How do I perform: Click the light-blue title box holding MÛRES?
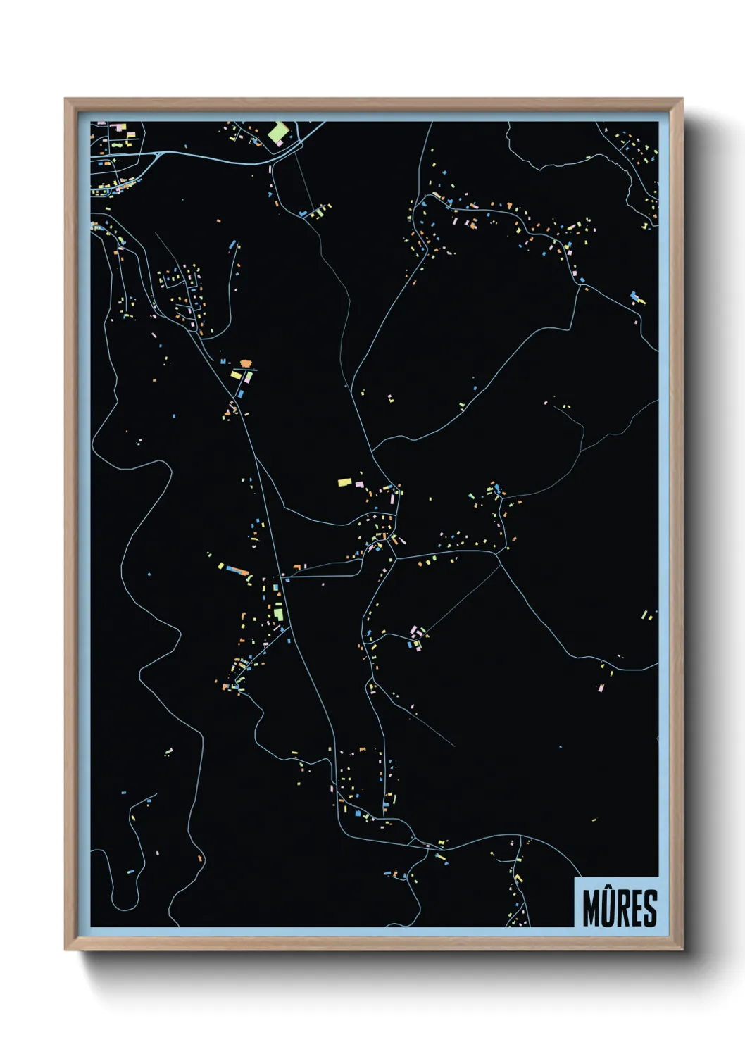[616, 903]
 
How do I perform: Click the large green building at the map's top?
[277, 132]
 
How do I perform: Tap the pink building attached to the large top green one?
[280, 143]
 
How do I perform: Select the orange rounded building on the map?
[246, 363]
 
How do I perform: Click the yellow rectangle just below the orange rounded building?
[237, 375]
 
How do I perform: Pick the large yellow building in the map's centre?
[344, 482]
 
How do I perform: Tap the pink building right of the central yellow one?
[358, 484]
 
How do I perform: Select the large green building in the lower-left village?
[279, 614]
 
